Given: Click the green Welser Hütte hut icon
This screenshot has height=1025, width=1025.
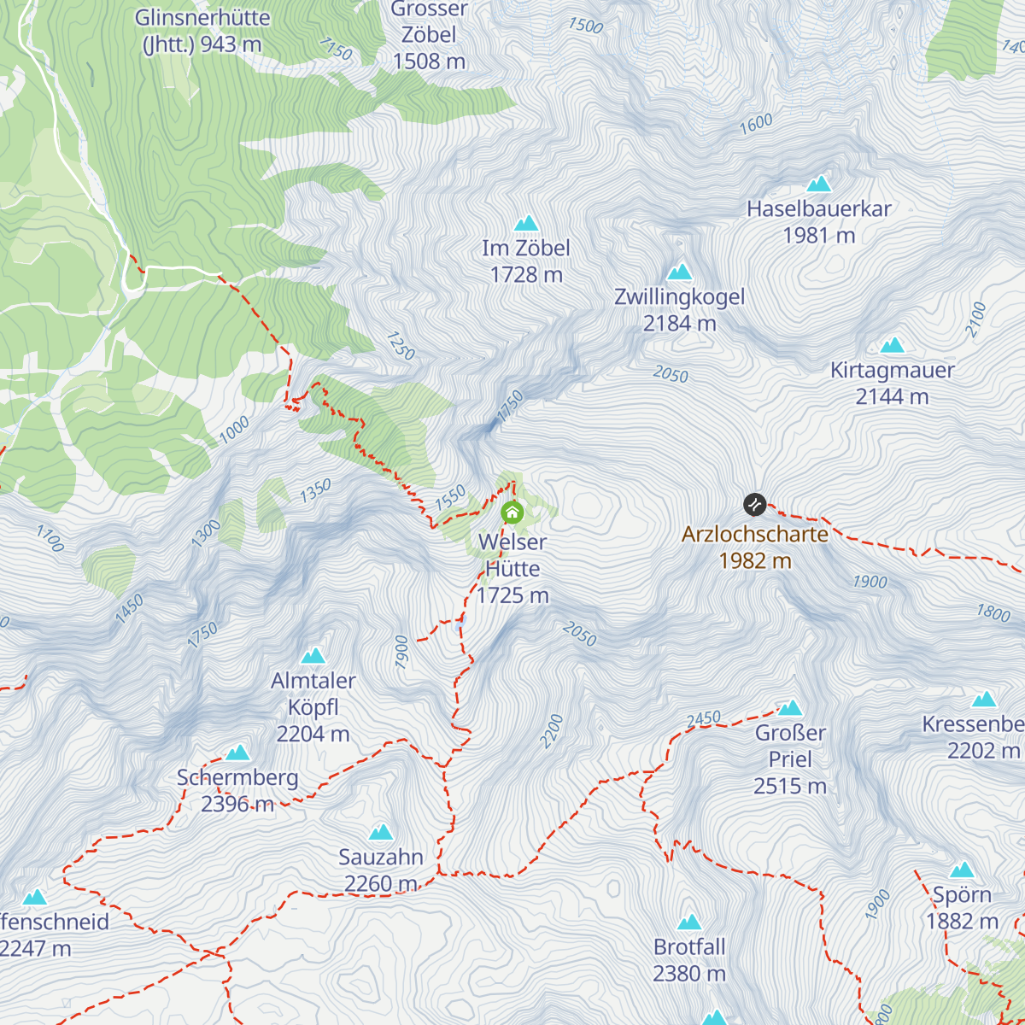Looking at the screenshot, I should [x=512, y=512].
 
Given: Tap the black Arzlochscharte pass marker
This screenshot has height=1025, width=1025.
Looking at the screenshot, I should [x=754, y=505].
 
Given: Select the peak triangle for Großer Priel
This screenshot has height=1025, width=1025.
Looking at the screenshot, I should [x=790, y=708].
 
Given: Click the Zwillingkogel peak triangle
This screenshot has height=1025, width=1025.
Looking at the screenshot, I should [x=679, y=272].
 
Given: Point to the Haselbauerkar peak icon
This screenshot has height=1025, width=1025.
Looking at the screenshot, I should [x=818, y=184].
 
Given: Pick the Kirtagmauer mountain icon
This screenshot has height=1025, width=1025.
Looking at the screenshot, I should [x=892, y=345].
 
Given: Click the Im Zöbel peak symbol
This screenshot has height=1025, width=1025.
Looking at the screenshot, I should [x=525, y=224].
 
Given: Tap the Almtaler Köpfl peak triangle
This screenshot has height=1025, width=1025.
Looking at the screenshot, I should [x=313, y=656].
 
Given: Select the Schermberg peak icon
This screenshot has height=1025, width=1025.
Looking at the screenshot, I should [x=237, y=753].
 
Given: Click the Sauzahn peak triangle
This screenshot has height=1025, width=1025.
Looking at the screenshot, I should [x=380, y=832].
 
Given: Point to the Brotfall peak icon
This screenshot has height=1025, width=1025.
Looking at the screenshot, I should [x=688, y=922].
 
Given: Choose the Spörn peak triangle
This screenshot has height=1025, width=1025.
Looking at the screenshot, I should [x=962, y=870].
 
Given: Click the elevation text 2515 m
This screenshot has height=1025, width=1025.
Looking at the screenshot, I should [x=789, y=786].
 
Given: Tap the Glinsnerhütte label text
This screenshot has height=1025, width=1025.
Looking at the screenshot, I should [x=202, y=18].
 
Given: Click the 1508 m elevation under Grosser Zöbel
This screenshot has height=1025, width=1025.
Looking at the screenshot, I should [x=429, y=61].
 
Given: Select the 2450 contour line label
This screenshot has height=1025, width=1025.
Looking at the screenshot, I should [x=703, y=720].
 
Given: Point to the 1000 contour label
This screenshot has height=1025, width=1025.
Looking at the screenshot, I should [x=234, y=429].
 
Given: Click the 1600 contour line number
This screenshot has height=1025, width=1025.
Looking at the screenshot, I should [x=756, y=125].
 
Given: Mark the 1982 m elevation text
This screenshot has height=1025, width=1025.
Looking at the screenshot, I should [x=755, y=561].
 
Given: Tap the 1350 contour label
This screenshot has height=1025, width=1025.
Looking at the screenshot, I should [x=315, y=491].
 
